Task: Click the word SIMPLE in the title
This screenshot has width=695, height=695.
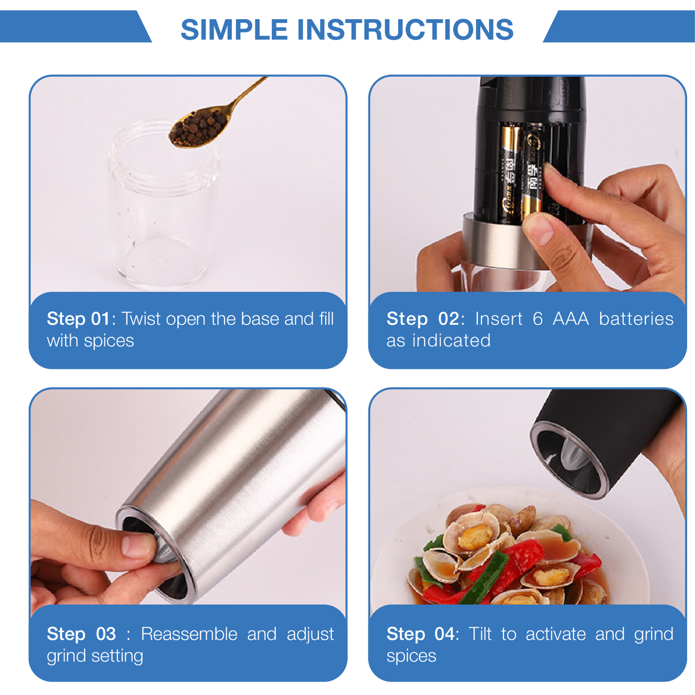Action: [234, 29]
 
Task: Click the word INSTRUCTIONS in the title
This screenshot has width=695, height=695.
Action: [405, 29]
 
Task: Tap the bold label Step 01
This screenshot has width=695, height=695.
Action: [78, 319]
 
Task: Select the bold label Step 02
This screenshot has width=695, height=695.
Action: [423, 319]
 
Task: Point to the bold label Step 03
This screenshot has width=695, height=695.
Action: [81, 634]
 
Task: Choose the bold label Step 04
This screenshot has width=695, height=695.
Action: [420, 634]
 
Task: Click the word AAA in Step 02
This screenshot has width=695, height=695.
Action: [571, 319]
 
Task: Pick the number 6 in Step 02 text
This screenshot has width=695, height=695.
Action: [537, 319]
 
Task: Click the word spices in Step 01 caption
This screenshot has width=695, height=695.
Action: [109, 341]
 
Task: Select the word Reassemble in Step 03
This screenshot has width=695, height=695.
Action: [189, 634]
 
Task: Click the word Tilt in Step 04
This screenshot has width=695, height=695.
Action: [480, 634]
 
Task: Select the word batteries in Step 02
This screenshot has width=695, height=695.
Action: [636, 319]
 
